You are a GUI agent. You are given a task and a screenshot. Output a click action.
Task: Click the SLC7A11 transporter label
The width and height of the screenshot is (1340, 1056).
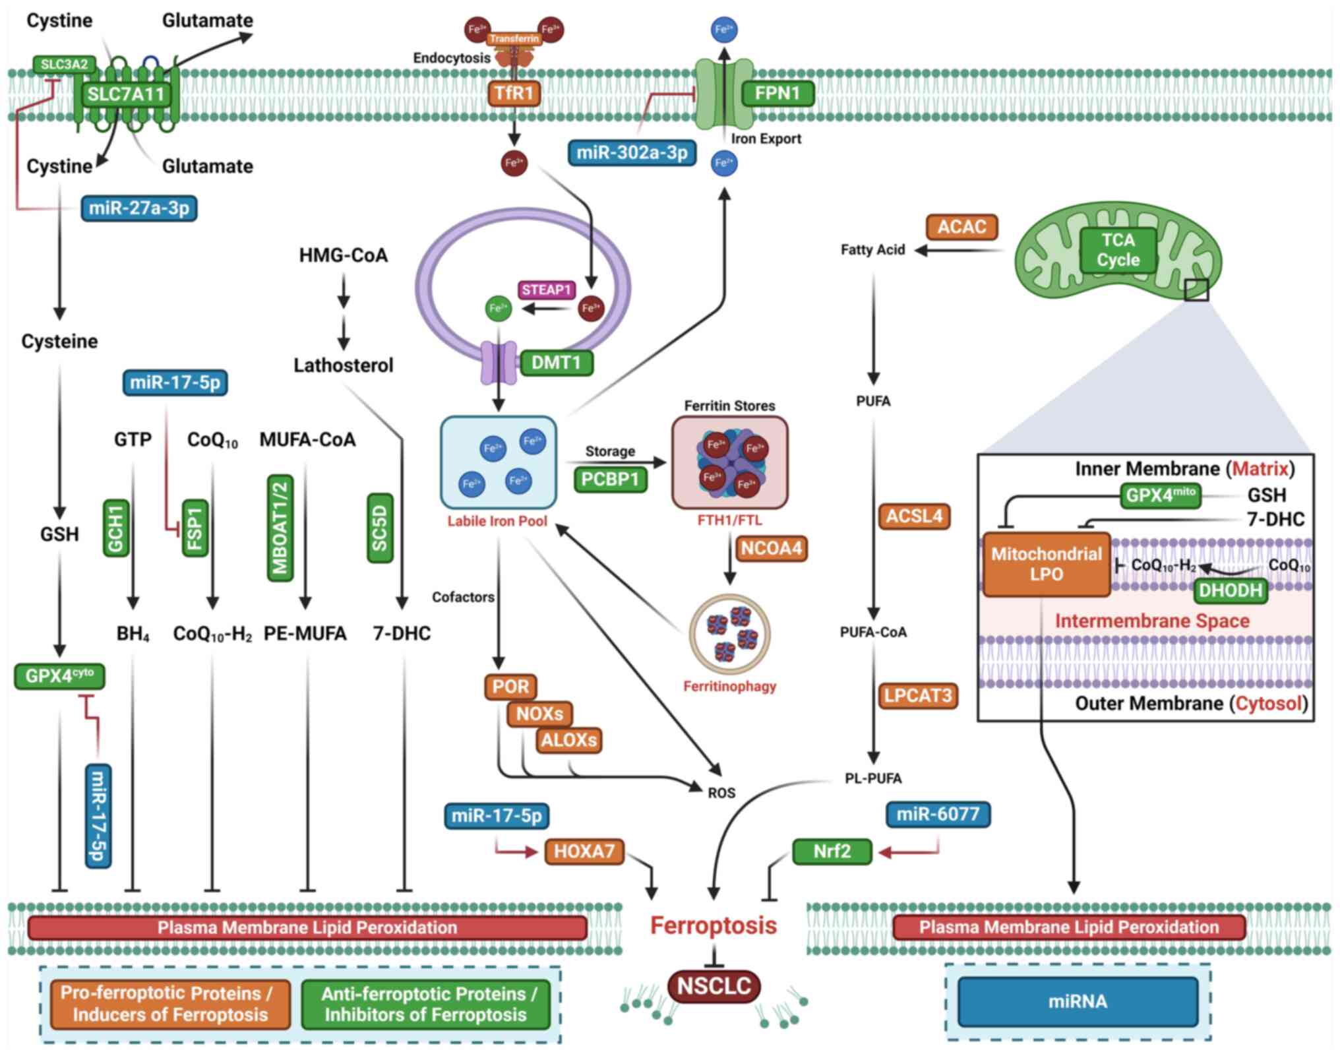[x=125, y=94]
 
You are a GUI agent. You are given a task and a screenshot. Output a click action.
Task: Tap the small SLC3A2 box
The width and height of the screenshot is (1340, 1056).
[x=64, y=64]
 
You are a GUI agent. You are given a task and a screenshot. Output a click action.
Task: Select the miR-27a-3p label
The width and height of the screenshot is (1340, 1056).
[x=139, y=208]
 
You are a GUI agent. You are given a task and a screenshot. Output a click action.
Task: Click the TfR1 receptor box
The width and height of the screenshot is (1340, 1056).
[x=514, y=93]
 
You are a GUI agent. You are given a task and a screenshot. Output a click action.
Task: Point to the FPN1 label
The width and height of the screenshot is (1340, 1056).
[x=777, y=93]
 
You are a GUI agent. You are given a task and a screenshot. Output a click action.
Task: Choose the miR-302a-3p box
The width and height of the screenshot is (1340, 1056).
[x=632, y=152]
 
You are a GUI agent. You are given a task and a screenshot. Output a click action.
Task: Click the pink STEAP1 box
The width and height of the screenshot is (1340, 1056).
[x=546, y=290]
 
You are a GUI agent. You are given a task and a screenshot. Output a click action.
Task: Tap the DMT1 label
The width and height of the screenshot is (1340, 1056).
[x=556, y=362]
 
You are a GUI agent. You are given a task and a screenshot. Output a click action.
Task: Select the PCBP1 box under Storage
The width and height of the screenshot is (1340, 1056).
[x=610, y=479]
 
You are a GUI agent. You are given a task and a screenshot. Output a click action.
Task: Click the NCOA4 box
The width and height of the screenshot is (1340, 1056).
[x=771, y=548]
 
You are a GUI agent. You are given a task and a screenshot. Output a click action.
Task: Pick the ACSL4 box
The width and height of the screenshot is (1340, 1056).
[x=914, y=516]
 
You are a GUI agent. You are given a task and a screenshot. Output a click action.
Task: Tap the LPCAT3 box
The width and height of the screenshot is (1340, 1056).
[x=918, y=695]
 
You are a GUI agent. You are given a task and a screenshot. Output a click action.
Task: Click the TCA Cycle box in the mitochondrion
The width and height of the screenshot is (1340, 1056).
[x=1118, y=250]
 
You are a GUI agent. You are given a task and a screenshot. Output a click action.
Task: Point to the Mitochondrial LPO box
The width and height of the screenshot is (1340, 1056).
[x=1046, y=564]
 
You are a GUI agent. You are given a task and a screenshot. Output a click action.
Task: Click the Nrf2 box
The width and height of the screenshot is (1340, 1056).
[x=832, y=851]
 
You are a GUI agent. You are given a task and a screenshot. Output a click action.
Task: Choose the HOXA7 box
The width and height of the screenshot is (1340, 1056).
[x=584, y=851]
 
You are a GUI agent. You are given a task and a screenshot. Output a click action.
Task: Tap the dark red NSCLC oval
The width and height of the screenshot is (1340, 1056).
[x=714, y=985]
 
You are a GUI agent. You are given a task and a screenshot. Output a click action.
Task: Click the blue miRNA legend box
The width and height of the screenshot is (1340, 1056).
[x=1078, y=1001]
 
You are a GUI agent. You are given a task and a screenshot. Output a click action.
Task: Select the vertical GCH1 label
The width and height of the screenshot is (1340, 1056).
[x=116, y=528]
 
